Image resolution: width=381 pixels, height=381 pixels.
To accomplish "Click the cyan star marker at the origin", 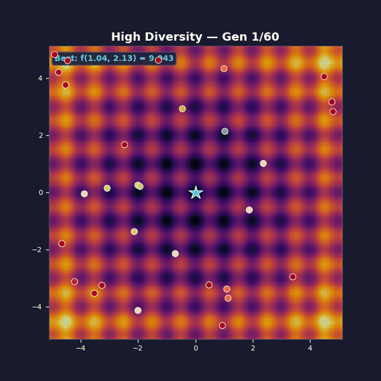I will (x=196, y=192).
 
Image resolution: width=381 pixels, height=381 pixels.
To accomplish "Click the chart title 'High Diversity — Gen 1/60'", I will (x=195, y=37).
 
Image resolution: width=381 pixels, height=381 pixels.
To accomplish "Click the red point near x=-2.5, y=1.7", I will (x=124, y=145).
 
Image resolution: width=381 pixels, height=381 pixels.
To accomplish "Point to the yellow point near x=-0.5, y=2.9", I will (x=182, y=109).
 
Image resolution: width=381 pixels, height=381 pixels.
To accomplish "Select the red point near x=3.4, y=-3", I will (x=293, y=277).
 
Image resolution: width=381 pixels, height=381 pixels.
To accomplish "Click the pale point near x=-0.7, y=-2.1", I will (x=175, y=253).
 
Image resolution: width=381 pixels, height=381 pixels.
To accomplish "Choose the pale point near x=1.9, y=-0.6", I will (x=249, y=210).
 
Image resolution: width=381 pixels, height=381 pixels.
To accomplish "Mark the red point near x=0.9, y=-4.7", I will (x=222, y=326).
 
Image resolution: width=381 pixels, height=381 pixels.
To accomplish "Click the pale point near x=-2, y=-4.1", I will (x=138, y=311).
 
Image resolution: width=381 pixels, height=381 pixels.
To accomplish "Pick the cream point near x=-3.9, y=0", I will (x=84, y=194).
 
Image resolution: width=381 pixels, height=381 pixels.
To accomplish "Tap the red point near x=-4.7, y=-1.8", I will (x=62, y=244).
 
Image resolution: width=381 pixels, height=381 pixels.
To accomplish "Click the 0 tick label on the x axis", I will (x=196, y=348).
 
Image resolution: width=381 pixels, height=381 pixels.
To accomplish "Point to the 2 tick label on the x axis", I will (x=253, y=348).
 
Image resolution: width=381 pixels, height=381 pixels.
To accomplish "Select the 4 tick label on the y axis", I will (x=40, y=78).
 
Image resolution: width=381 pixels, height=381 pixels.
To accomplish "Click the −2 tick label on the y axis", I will (x=37, y=250).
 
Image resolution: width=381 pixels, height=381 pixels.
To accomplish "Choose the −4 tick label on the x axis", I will (x=81, y=348).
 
